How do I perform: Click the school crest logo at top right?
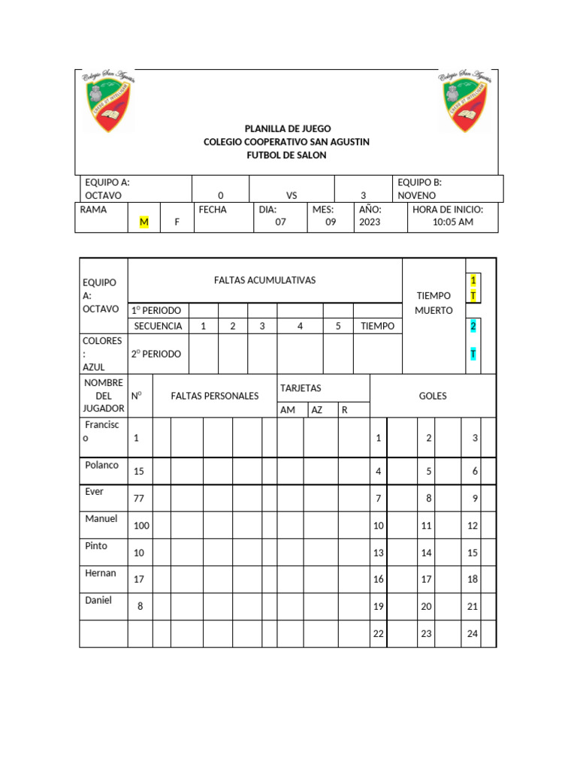(x=466, y=101)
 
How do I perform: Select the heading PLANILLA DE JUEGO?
(x=287, y=129)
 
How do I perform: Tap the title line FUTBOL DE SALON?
(x=287, y=155)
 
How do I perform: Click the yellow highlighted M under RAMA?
(x=144, y=222)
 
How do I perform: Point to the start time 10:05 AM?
(x=453, y=222)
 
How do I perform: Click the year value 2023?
(x=370, y=222)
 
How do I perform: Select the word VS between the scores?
(x=292, y=195)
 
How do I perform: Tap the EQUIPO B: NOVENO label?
(x=419, y=188)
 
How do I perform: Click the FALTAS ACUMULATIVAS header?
(x=264, y=280)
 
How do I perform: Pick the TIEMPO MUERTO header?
(x=434, y=303)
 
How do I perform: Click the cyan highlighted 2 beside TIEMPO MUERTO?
(x=473, y=326)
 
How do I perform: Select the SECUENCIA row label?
(x=158, y=326)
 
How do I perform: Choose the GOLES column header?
(x=433, y=396)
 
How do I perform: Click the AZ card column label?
(x=317, y=410)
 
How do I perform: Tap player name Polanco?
(x=101, y=465)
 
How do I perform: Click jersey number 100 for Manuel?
(x=141, y=526)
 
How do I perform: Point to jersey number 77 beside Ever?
(x=139, y=498)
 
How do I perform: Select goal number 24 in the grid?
(x=472, y=634)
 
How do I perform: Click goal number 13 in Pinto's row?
(x=379, y=553)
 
